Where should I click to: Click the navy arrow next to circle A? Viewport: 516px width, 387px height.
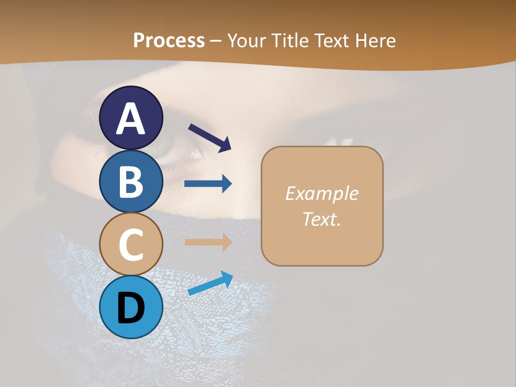click(210, 138)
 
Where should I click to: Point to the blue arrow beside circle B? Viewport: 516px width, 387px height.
click(208, 184)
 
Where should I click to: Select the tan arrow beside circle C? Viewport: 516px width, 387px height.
click(208, 242)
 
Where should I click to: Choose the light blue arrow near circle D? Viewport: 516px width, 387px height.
click(210, 283)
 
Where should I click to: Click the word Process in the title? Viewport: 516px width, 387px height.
click(169, 41)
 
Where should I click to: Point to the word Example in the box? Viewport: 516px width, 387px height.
click(321, 193)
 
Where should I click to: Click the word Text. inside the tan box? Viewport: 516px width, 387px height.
click(321, 219)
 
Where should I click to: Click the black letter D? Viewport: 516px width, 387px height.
click(131, 309)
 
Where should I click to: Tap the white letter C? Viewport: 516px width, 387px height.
click(131, 245)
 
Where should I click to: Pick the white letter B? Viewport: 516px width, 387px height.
click(131, 182)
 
